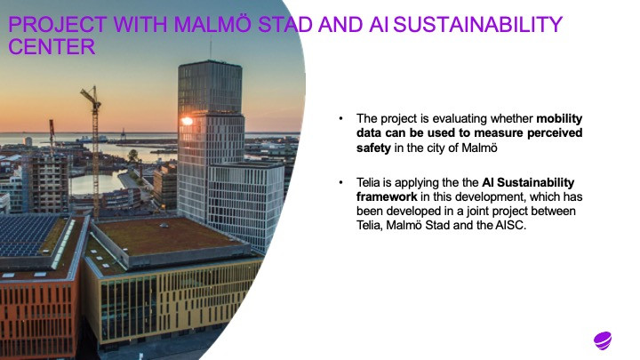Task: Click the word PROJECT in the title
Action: pyautogui.click(x=58, y=25)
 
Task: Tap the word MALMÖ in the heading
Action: pyautogui.click(x=212, y=24)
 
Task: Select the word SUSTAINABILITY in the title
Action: pyautogui.click(x=477, y=25)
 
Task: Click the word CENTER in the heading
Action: pyautogui.click(x=52, y=46)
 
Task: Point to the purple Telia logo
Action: pyautogui.click(x=603, y=340)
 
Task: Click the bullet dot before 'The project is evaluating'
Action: pyautogui.click(x=340, y=118)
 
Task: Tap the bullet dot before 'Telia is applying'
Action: pyautogui.click(x=340, y=182)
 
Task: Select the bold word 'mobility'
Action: pyautogui.click(x=559, y=119)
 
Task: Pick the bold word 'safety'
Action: pyautogui.click(x=373, y=148)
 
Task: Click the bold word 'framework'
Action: pyautogui.click(x=387, y=196)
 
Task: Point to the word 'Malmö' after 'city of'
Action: pyautogui.click(x=480, y=148)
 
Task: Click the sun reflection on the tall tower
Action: pyautogui.click(x=187, y=121)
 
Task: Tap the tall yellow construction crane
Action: pyautogui.click(x=95, y=151)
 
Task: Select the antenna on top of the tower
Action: pyautogui.click(x=211, y=49)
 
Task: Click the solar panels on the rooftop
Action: pyautogui.click(x=28, y=236)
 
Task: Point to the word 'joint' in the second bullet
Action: pyautogui.click(x=477, y=212)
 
